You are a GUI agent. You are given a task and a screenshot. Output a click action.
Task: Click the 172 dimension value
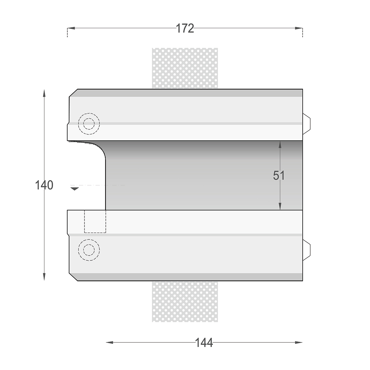coord(185,28)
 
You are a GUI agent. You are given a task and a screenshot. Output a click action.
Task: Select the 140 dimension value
coord(44,185)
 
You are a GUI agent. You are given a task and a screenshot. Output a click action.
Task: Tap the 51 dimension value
coord(279,175)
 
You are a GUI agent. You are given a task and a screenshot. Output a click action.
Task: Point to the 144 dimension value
coord(204,343)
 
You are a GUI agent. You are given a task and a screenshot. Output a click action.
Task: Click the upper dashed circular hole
coord(89,113)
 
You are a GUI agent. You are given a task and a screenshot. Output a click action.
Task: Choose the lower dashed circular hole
coord(89,239)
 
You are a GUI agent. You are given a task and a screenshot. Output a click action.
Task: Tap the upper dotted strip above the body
coord(185,68)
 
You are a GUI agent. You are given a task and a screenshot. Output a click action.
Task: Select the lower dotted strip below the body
coord(185,302)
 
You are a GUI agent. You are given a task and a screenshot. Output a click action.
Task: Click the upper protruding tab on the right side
coord(306,124)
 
